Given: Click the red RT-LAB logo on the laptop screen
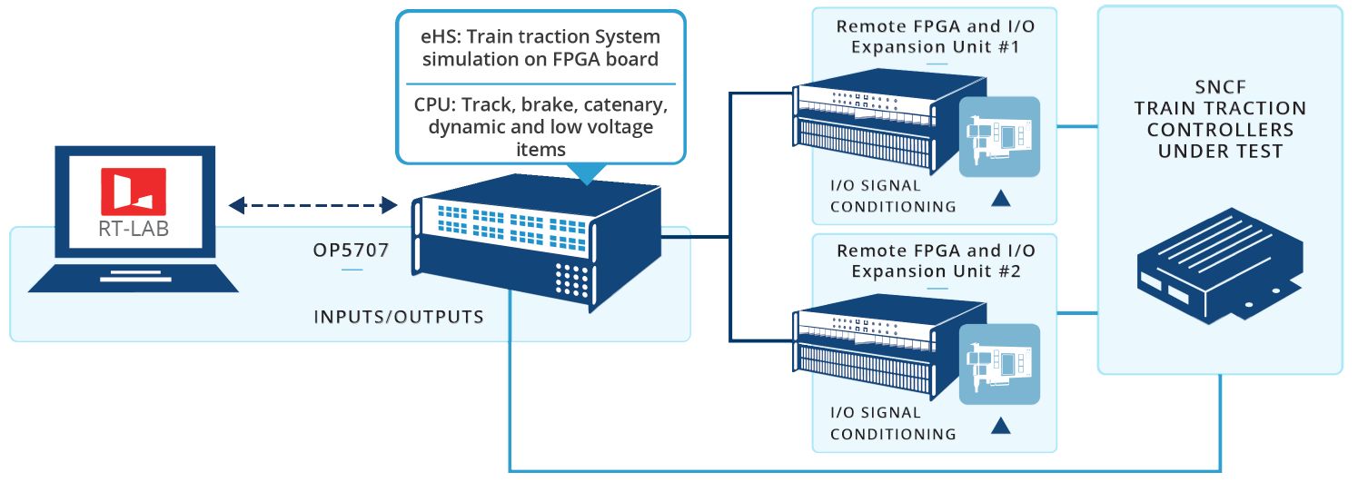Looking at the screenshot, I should (134, 192).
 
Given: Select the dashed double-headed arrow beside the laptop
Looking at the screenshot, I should (312, 206).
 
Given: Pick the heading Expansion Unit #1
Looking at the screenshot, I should (935, 46).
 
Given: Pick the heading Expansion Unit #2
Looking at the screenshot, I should (935, 270).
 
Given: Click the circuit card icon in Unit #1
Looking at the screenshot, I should (999, 136).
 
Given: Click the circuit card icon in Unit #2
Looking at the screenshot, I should (999, 364).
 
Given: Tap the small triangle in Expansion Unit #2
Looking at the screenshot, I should (1000, 424).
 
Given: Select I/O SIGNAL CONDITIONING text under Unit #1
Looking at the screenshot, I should (893, 197).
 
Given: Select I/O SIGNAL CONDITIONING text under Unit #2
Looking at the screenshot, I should (893, 423).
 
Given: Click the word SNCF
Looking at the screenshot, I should (1219, 87).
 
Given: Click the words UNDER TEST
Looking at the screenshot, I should (1219, 151).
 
